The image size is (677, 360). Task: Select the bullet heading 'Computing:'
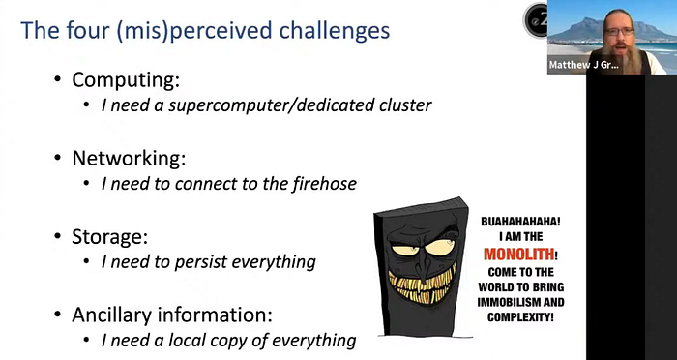point(126,80)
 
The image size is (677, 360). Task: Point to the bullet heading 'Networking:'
point(129,159)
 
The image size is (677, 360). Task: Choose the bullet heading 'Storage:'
point(109,237)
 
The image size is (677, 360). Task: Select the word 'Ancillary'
point(111,315)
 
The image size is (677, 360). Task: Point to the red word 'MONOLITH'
point(519,255)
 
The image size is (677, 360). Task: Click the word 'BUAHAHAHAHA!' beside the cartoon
point(520,222)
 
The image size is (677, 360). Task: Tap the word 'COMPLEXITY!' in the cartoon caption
point(520,317)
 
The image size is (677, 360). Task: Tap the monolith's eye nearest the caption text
point(438,247)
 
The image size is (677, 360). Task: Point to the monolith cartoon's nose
point(420,266)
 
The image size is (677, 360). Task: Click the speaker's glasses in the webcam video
point(619,32)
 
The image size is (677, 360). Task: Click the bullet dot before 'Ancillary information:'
point(58,315)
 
